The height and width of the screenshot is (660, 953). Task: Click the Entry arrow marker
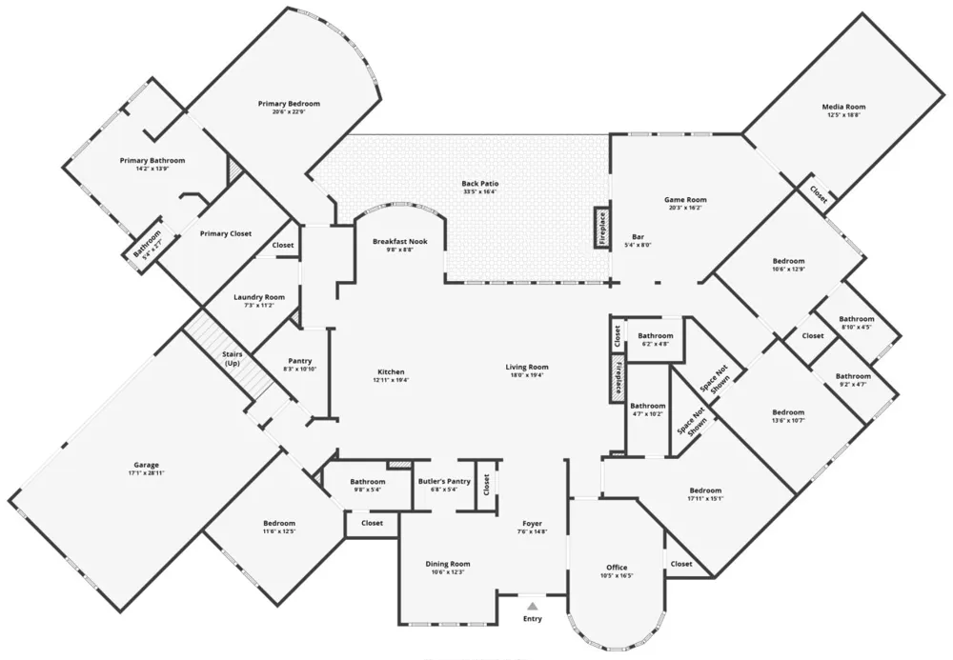(533, 605)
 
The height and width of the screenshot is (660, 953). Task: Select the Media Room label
(843, 107)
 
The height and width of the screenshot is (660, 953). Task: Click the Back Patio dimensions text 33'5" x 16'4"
(480, 191)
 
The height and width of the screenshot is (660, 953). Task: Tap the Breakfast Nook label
(399, 242)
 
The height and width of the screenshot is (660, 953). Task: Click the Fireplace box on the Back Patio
(602, 228)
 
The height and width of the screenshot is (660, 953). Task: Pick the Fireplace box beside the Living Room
(618, 378)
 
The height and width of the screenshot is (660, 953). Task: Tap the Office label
(617, 567)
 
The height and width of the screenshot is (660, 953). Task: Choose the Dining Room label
(448, 564)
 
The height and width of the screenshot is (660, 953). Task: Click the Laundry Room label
(259, 297)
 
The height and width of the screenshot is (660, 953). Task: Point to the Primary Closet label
(226, 233)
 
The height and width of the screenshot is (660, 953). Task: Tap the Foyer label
(533, 523)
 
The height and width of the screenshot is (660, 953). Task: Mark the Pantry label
(300, 361)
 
